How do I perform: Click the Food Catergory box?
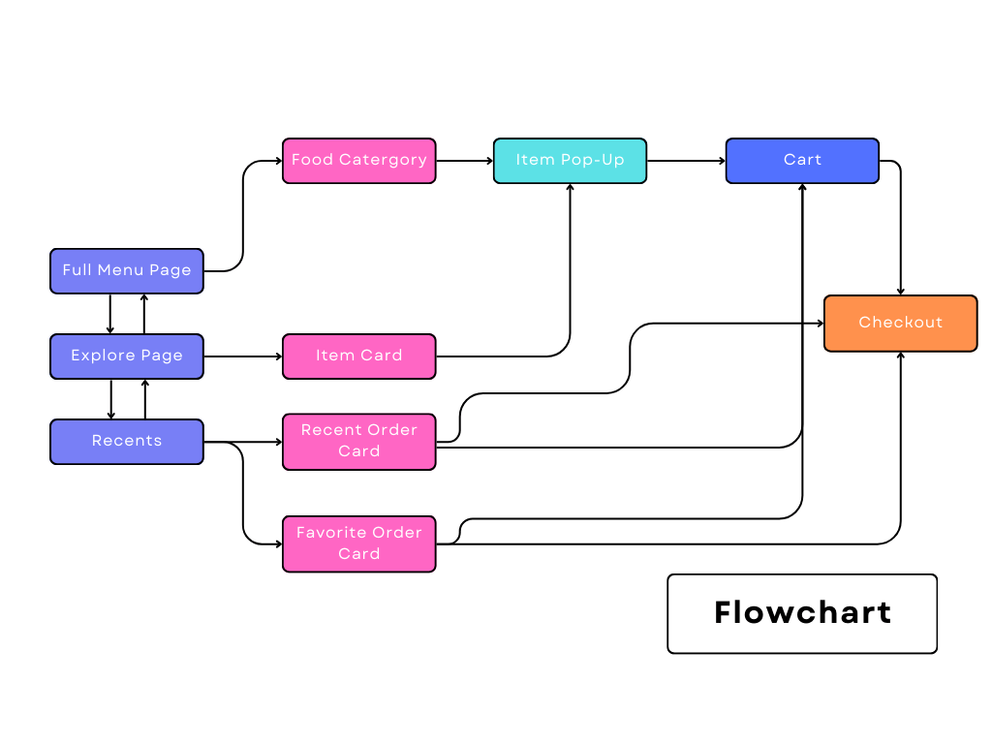(x=358, y=161)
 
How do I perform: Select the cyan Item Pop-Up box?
(x=570, y=161)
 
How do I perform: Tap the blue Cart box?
(x=802, y=161)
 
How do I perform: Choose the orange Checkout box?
(x=900, y=323)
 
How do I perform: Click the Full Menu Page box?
(x=127, y=270)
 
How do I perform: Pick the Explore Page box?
(x=127, y=356)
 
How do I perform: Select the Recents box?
(x=127, y=441)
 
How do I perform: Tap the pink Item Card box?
(x=358, y=356)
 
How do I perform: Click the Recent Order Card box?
(x=358, y=441)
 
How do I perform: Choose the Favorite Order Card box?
(x=358, y=543)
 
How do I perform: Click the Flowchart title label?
(x=802, y=613)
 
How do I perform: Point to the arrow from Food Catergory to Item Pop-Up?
(x=465, y=161)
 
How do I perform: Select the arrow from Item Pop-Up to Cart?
(x=686, y=161)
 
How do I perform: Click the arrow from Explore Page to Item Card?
(x=242, y=356)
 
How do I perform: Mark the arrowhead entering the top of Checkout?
(x=901, y=291)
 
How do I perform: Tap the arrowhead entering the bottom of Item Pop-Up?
(x=570, y=188)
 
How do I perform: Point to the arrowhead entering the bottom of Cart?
(x=803, y=188)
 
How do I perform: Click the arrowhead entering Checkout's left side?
(x=819, y=324)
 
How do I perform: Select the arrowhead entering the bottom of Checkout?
(x=901, y=356)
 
